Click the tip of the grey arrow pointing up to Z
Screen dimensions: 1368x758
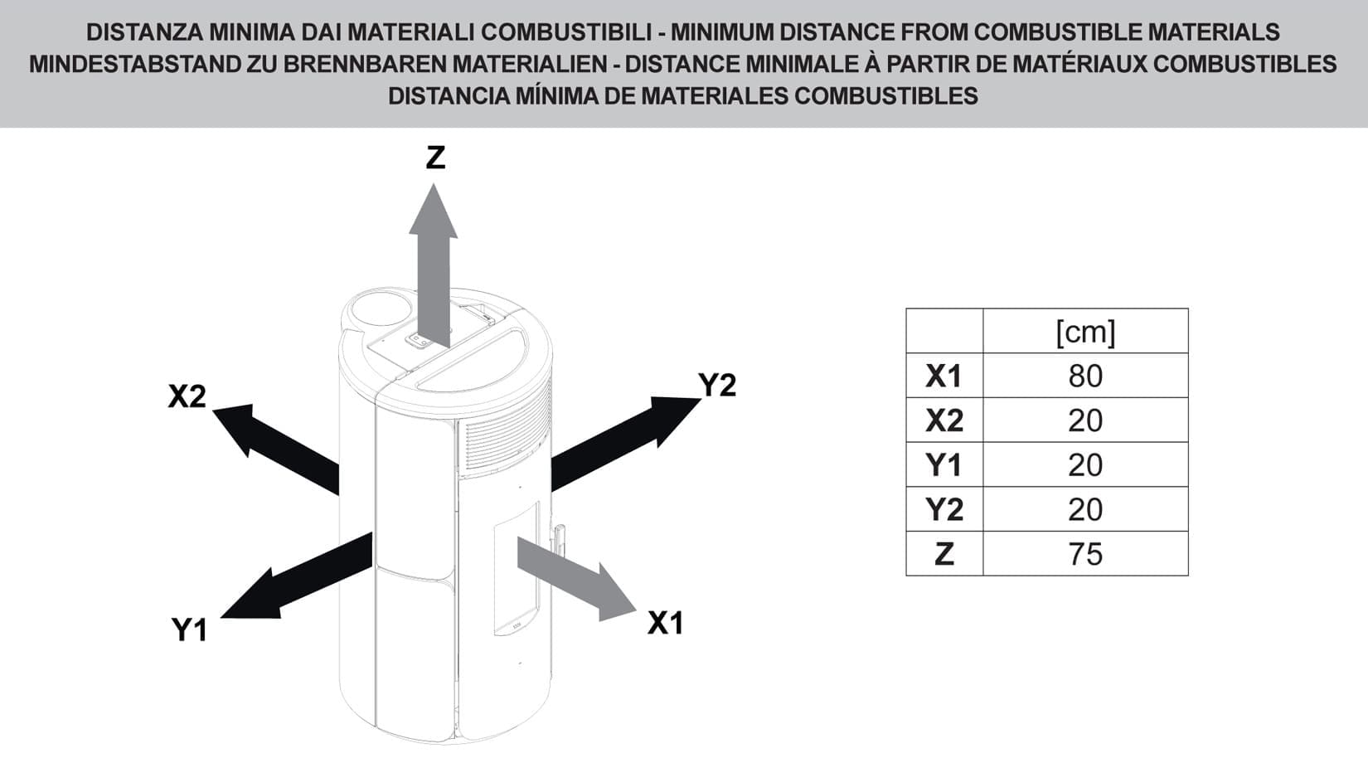tap(434, 184)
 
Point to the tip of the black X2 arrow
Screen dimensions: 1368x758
tap(212, 411)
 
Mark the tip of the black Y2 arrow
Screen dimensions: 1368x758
tap(701, 399)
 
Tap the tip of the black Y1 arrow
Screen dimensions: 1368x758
tap(220, 617)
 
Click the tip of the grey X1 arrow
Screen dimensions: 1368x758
tap(637, 610)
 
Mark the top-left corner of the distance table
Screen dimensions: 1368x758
tap(906, 309)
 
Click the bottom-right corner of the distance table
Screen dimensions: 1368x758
tap(1188, 576)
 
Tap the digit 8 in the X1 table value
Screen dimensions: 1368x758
tap(1077, 377)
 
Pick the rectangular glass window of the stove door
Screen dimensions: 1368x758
tap(517, 569)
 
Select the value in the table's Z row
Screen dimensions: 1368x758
tap(1086, 555)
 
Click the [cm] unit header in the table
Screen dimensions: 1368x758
tap(1086, 333)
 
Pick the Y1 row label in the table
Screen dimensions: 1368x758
tap(944, 465)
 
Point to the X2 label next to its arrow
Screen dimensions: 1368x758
tap(187, 396)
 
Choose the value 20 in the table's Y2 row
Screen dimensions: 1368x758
tap(1086, 510)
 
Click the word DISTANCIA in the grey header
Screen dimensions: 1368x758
tap(449, 96)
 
